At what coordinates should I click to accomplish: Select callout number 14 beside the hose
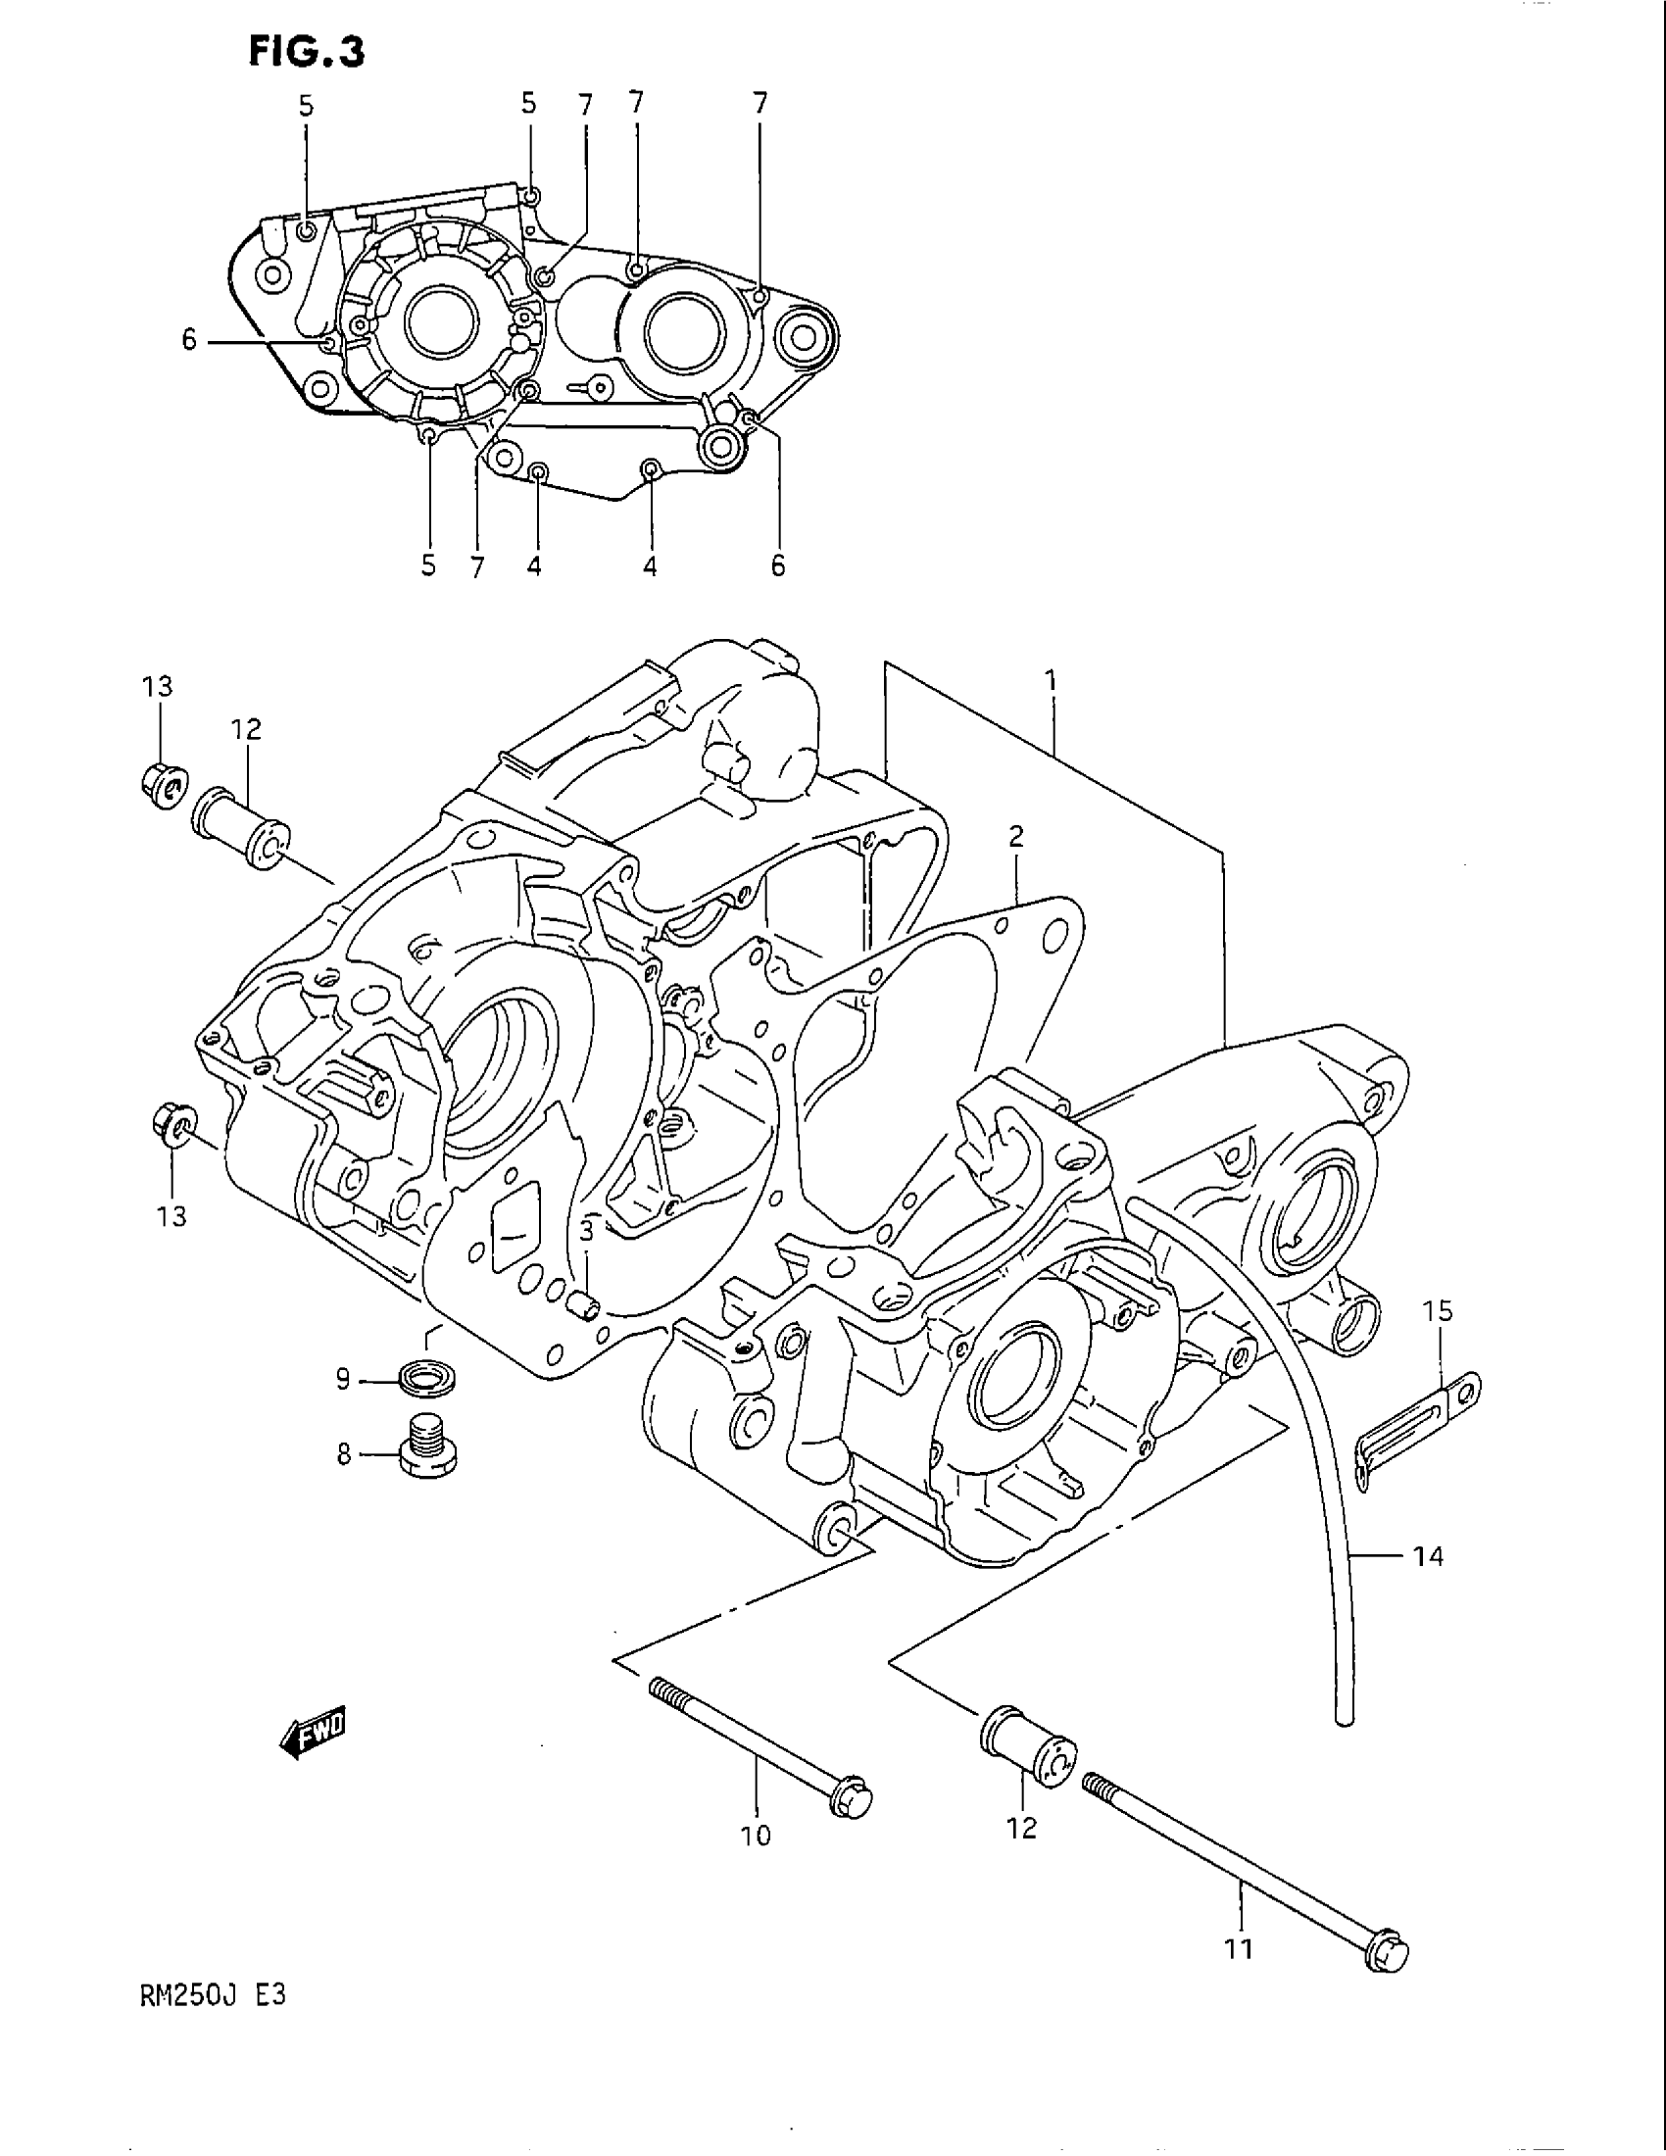pyautogui.click(x=1428, y=1557)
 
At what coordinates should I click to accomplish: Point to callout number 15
pyautogui.click(x=1437, y=1312)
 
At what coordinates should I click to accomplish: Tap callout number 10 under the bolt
pyautogui.click(x=757, y=1836)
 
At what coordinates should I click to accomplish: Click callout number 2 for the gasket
pyautogui.click(x=1015, y=837)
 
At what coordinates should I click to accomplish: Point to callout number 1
pyautogui.click(x=1052, y=679)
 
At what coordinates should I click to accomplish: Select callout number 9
pyautogui.click(x=342, y=1379)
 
